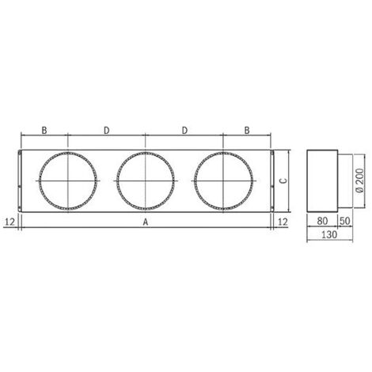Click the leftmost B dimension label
point(44,130)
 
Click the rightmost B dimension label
point(247,130)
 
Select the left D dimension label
point(106,130)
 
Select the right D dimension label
point(184,130)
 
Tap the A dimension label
point(146,222)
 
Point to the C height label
point(283,180)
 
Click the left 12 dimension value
point(10,222)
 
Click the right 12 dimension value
point(283,222)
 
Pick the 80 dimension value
point(322,221)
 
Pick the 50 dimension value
point(345,221)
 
